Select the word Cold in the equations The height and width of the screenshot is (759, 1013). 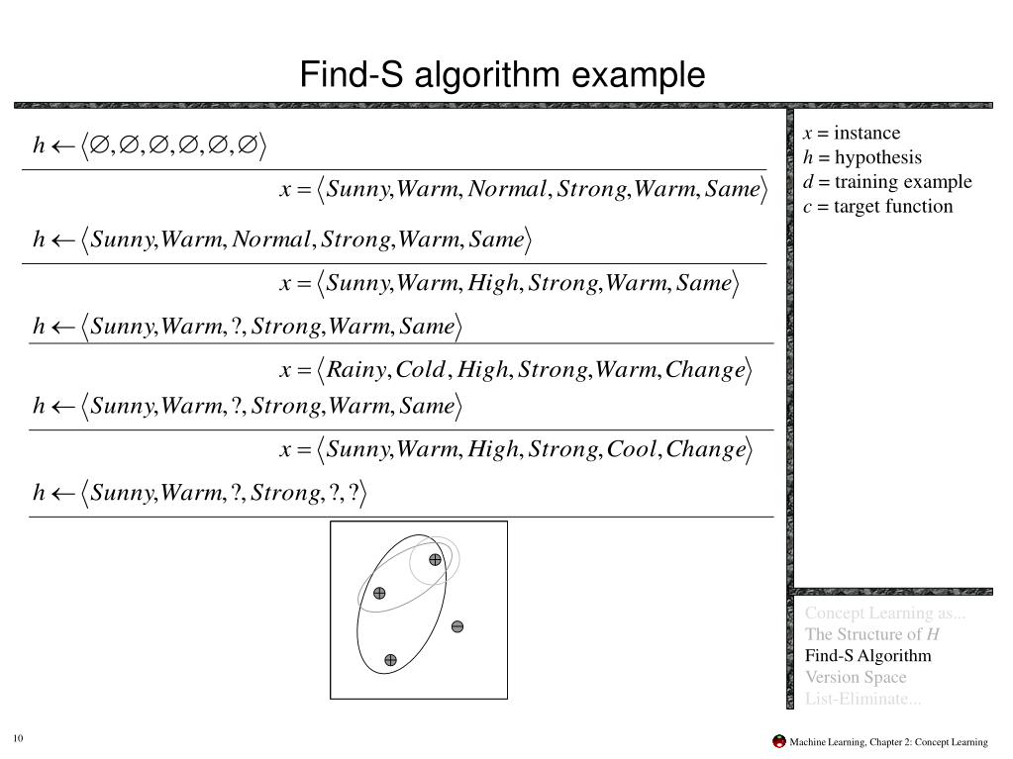[421, 370]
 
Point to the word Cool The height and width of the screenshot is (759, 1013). [632, 450]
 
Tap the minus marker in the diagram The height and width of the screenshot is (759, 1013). [457, 626]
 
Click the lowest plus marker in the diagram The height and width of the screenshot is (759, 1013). [390, 660]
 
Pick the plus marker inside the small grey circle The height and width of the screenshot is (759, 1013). [435, 560]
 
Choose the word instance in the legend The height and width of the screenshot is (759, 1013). [867, 134]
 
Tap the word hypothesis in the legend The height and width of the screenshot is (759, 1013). [877, 157]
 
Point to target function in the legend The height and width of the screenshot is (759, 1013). [893, 207]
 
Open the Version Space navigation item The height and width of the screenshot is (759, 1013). [856, 678]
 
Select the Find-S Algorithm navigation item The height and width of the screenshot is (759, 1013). [868, 656]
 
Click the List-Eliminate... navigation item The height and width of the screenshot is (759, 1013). [862, 700]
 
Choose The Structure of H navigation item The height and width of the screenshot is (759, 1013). [872, 634]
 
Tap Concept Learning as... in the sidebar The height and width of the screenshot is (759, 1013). [885, 613]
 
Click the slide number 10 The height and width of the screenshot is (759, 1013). [19, 741]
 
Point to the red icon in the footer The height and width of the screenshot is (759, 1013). [779, 741]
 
